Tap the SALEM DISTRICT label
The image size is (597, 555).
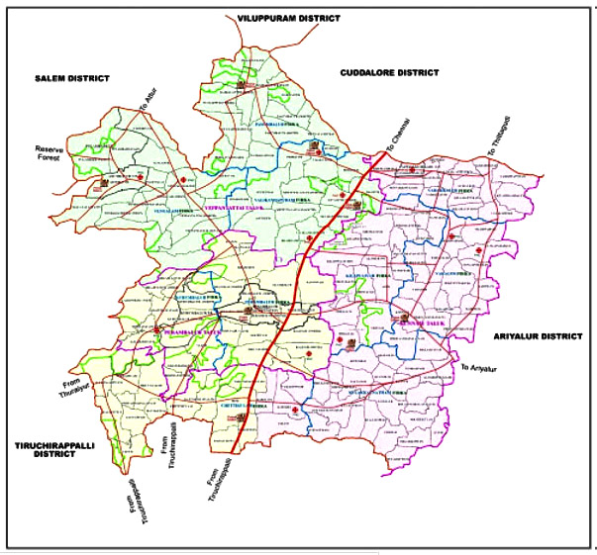tap(70, 77)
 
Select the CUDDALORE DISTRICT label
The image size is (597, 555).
tap(388, 72)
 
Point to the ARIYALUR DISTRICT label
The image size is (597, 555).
tap(537, 336)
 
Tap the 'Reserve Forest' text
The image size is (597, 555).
tap(44, 154)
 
